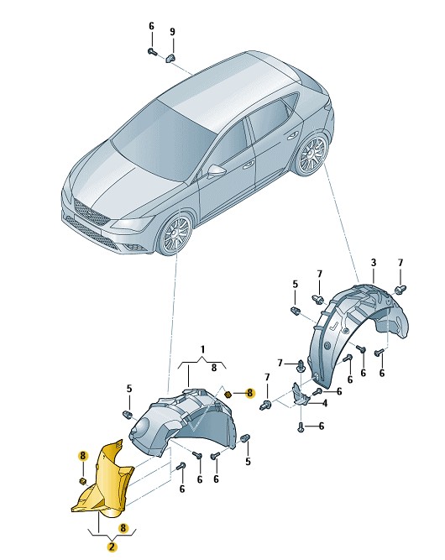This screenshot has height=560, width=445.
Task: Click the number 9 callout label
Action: (x=172, y=32)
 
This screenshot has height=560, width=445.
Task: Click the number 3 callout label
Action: (x=374, y=263)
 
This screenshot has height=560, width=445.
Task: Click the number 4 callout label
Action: (x=324, y=404)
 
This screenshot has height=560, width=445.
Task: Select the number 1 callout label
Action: (x=202, y=349)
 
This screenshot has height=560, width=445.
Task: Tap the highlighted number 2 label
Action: (x=113, y=547)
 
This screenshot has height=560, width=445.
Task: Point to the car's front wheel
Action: (x=176, y=235)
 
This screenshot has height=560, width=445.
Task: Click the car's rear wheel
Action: (x=310, y=155)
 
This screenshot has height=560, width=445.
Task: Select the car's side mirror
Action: (x=216, y=170)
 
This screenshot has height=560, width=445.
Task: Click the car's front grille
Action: (x=90, y=212)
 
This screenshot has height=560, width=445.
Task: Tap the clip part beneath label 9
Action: (x=171, y=57)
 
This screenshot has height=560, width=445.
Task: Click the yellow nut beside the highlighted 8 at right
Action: (x=228, y=395)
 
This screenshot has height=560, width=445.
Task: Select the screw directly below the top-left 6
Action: (x=153, y=52)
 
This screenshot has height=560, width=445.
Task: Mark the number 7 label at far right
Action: (x=400, y=263)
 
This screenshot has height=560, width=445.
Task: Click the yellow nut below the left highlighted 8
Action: (x=82, y=481)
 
